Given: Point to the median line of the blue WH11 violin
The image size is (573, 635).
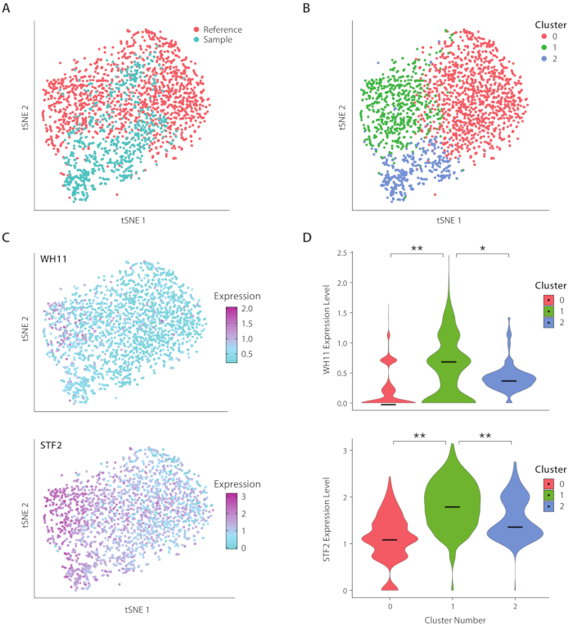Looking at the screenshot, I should point(509,381).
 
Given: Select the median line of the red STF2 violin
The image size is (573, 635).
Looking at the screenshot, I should point(390,540).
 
